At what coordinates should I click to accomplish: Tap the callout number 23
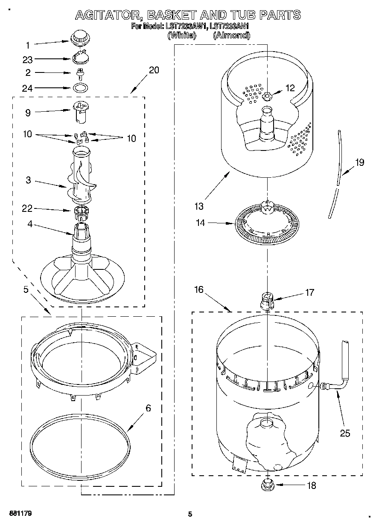coord(28,60)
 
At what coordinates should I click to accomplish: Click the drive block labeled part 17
coord(267,300)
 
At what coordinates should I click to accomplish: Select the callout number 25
coord(345,433)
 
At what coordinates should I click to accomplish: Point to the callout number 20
coord(154,70)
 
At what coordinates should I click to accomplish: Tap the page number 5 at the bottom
coord(190,514)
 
